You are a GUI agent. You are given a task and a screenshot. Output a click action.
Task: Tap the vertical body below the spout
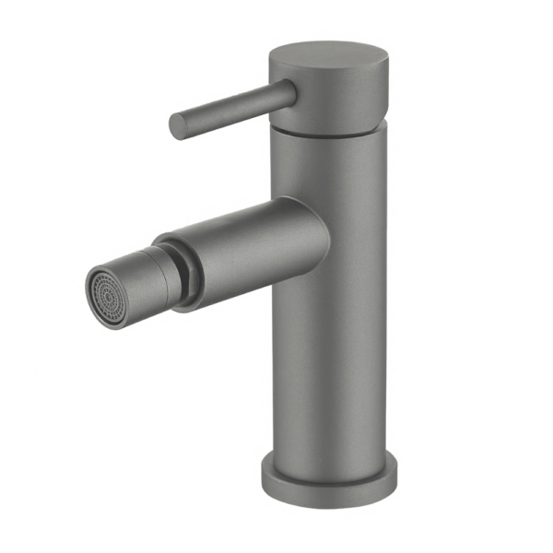click(332, 369)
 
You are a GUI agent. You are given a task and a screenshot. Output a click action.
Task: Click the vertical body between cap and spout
click(332, 171)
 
